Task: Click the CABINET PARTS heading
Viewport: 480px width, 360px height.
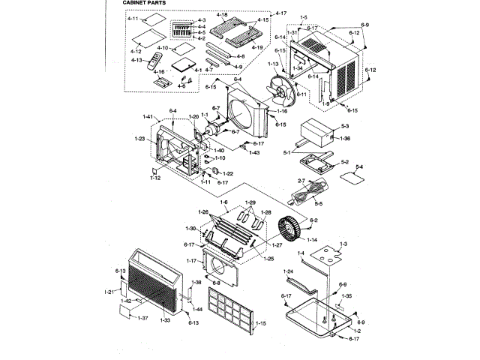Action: click(148, 3)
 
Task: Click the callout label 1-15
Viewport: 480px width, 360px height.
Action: click(260, 323)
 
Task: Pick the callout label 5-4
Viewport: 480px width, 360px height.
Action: click(359, 167)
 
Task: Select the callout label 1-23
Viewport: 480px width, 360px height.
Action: click(140, 138)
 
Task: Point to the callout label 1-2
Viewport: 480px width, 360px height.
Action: click(357, 331)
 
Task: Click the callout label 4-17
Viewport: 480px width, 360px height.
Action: click(280, 13)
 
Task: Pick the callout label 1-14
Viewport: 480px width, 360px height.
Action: click(311, 240)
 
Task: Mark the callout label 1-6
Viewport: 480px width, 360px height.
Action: click(223, 203)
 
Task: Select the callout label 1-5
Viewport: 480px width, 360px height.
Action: click(304, 16)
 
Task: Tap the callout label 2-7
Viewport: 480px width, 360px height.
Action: click(301, 181)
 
